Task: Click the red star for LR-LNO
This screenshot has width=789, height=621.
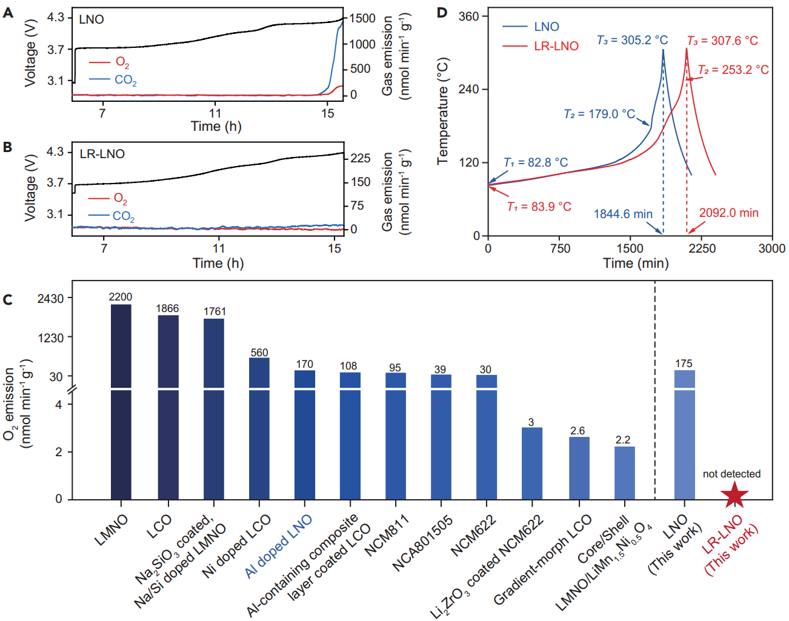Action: click(x=734, y=494)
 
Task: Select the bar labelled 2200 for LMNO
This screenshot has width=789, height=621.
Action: click(x=121, y=400)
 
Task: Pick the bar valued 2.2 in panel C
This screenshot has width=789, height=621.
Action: click(x=625, y=473)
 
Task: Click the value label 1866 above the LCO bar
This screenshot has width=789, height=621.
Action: click(x=167, y=308)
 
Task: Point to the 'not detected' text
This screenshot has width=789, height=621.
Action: click(x=731, y=474)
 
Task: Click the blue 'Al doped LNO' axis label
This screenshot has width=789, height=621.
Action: click(x=279, y=546)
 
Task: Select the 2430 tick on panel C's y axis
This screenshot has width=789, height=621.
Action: click(x=50, y=299)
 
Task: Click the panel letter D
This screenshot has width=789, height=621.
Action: click(x=442, y=13)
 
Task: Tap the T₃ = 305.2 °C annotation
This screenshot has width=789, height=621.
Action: click(x=632, y=40)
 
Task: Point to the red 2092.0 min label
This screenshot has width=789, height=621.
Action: click(x=728, y=213)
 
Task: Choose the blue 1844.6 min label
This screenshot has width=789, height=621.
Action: click(x=623, y=214)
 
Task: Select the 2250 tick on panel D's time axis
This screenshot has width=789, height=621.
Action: click(x=702, y=248)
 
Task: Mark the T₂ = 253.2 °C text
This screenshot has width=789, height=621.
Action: click(x=733, y=70)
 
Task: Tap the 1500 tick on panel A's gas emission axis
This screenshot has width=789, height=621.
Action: click(x=362, y=19)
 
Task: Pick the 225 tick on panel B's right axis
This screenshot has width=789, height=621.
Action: click(x=361, y=158)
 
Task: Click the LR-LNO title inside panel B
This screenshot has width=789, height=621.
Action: click(x=102, y=154)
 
